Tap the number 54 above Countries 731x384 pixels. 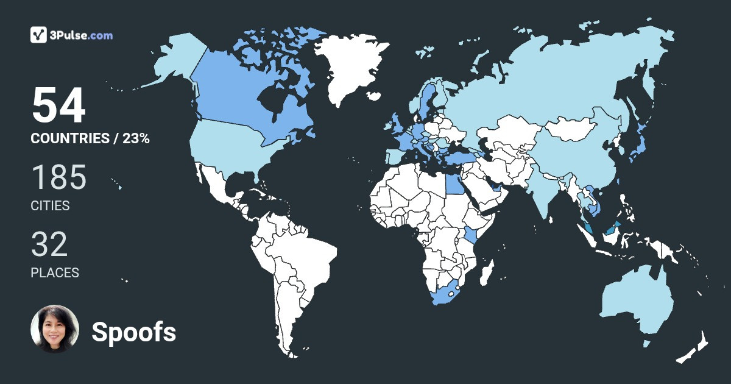(x=58, y=106)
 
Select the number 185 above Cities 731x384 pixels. (x=58, y=178)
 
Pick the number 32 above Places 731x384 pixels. (x=49, y=245)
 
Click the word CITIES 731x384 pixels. (x=50, y=206)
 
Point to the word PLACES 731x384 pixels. (x=55, y=272)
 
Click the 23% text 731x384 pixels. (x=136, y=138)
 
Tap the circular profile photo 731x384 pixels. (x=55, y=329)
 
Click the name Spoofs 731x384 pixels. (x=133, y=332)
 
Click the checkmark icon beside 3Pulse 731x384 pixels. (x=38, y=35)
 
